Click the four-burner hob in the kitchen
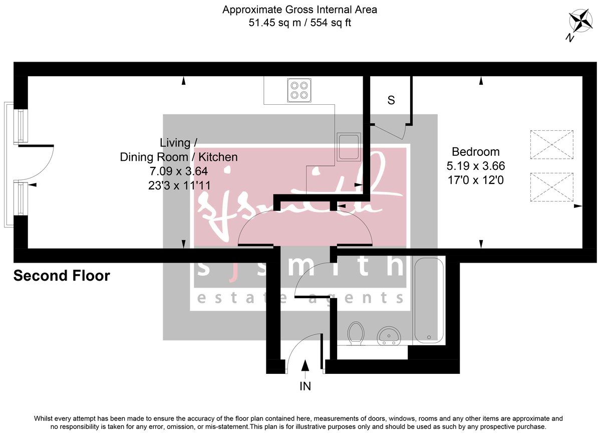pos(299,90)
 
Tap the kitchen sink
pos(348,147)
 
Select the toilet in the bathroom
pos(356,333)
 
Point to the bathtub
pos(427,301)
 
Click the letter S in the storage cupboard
pos(391,100)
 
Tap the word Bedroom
pos(475,152)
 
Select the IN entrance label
pos(305,386)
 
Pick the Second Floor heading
pos(62,276)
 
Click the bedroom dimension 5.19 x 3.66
pos(475,165)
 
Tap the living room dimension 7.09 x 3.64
pos(178,171)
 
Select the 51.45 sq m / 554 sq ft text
pos(299,23)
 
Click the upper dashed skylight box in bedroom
pos(551,144)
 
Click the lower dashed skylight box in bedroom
pos(551,187)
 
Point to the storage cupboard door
pos(390,131)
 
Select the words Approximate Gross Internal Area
pos(299,10)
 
